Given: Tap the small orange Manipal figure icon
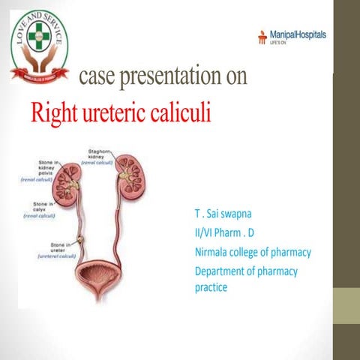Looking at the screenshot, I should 262,36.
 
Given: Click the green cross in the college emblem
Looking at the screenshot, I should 37,34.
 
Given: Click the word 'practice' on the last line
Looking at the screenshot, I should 211,286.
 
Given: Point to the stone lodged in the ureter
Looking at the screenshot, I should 82,239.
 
